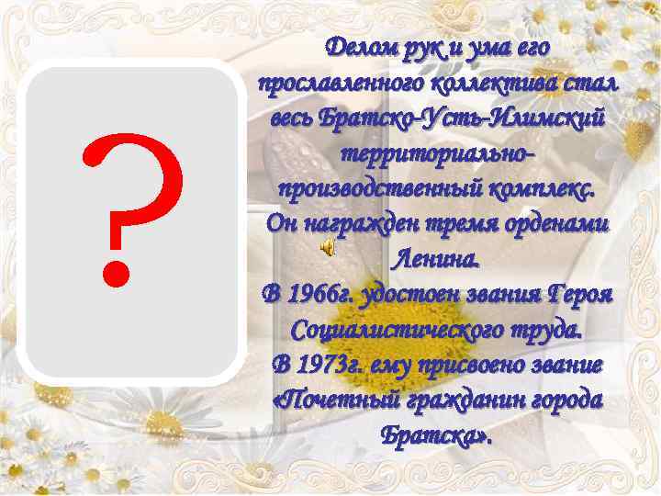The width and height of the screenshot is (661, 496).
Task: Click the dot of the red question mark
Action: pos(116,270)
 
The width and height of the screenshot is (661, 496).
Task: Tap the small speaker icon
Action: pos(328,248)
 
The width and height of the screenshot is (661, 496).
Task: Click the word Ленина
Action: pos(436,259)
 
